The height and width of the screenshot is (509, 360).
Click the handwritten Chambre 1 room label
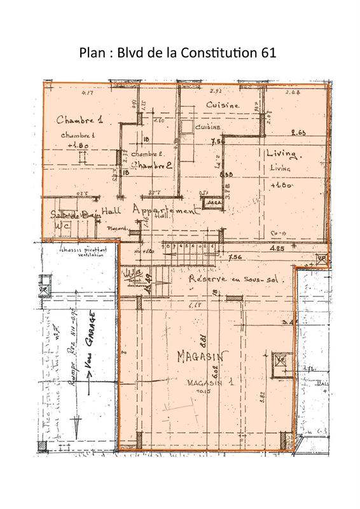(79, 120)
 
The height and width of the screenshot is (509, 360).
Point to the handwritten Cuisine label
(223, 105)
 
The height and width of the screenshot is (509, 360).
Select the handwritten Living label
(283, 154)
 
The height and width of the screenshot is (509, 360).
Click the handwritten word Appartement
(163, 212)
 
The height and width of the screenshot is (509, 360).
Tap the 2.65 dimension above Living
(299, 132)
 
